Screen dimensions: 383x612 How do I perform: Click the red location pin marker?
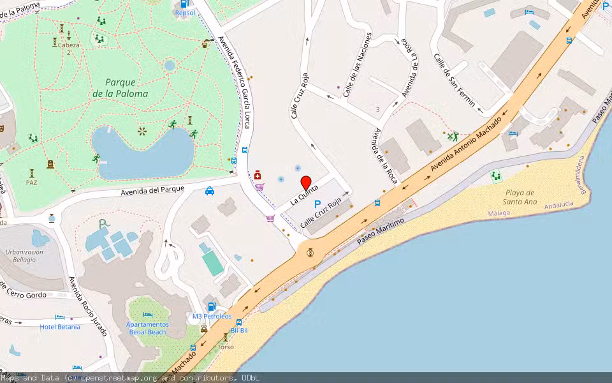point(305,183)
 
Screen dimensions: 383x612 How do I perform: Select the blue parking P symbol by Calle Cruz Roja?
point(317,204)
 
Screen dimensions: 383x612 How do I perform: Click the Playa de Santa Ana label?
point(520,197)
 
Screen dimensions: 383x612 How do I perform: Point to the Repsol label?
point(185,12)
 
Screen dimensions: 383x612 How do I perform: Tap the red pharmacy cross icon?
point(258,175)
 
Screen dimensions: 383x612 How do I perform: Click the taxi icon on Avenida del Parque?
point(210,190)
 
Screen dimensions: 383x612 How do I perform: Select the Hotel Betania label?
point(60,327)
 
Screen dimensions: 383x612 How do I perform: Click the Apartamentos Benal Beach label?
point(147,328)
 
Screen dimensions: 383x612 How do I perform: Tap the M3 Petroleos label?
point(212,316)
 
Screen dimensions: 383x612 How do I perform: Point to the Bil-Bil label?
point(238,330)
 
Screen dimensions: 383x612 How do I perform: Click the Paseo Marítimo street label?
point(381,231)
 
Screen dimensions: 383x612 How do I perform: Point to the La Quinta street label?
point(304,193)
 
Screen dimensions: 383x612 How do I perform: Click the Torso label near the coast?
point(226,347)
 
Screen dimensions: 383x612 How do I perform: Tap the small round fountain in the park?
point(169,65)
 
